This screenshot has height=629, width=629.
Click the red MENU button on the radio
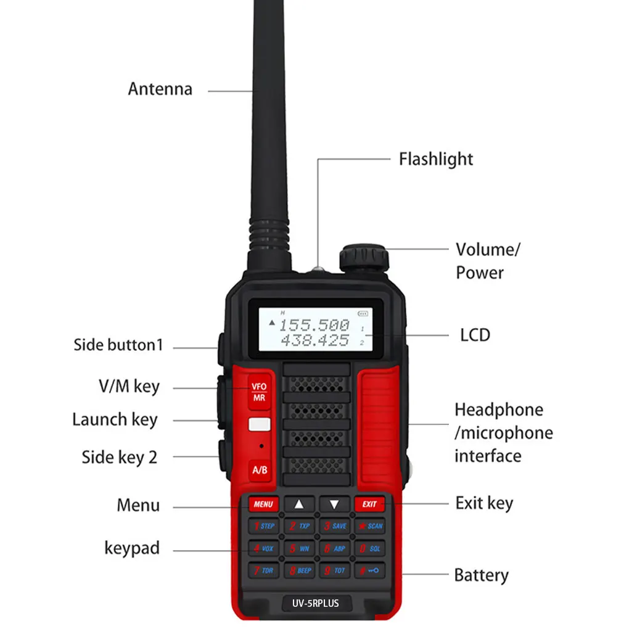[x=263, y=504]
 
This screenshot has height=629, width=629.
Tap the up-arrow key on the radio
[x=299, y=504]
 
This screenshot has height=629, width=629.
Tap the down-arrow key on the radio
[x=334, y=504]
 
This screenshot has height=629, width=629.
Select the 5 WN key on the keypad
[x=299, y=548]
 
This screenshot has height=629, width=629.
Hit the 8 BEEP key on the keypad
[x=299, y=570]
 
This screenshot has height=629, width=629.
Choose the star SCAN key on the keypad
[x=369, y=526]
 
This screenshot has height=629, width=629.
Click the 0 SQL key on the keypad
[x=369, y=548]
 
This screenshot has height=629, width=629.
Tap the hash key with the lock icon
[x=369, y=570]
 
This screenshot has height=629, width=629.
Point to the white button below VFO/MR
[x=260, y=424]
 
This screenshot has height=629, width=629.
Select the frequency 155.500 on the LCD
[x=313, y=326]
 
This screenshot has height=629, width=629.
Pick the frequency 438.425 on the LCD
[x=314, y=340]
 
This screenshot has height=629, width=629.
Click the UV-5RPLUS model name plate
[x=315, y=603]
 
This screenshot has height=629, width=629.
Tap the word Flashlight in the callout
[x=435, y=159]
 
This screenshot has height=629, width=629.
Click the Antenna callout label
[x=160, y=89]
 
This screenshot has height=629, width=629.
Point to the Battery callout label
[x=481, y=575]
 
